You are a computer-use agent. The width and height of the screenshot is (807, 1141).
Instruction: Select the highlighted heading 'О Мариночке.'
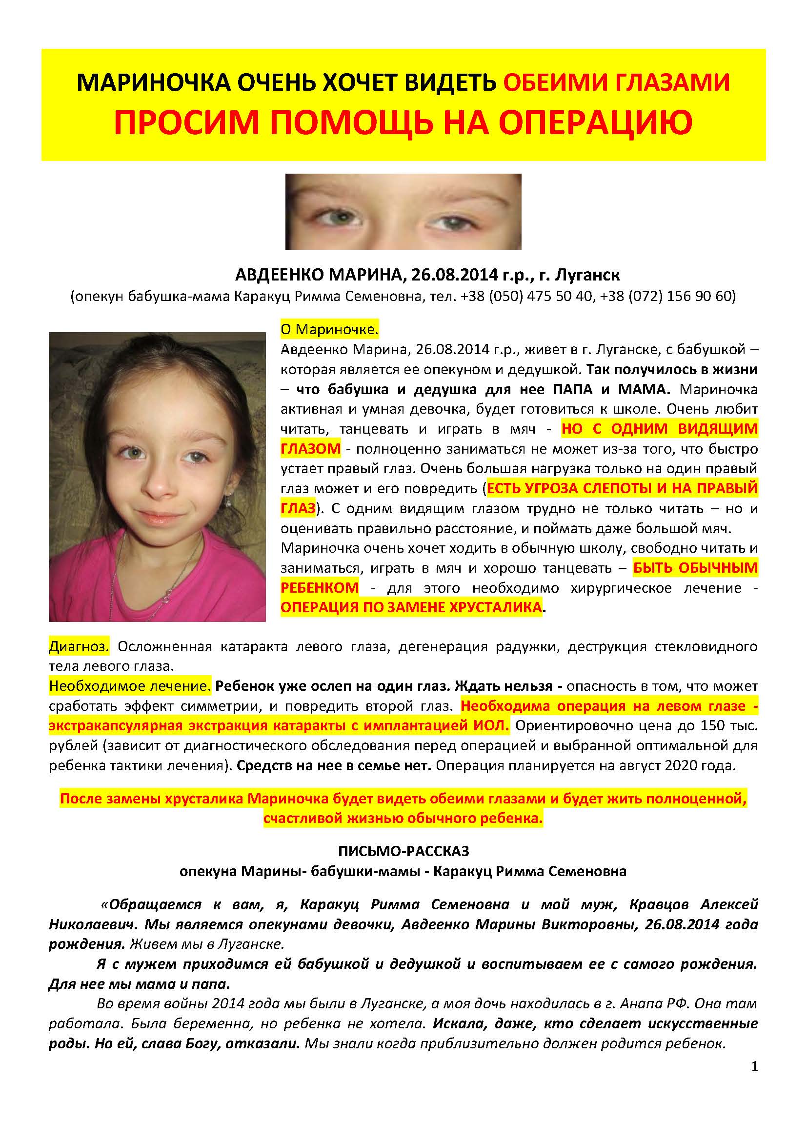point(329,329)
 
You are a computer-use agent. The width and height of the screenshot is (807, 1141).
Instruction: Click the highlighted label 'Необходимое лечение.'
point(130,686)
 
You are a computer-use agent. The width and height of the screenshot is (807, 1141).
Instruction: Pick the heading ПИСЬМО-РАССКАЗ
point(403,851)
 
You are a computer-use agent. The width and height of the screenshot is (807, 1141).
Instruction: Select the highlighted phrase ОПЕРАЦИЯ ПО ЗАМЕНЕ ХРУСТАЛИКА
point(411,607)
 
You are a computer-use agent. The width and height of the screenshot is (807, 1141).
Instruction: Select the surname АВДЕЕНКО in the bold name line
point(276,275)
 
